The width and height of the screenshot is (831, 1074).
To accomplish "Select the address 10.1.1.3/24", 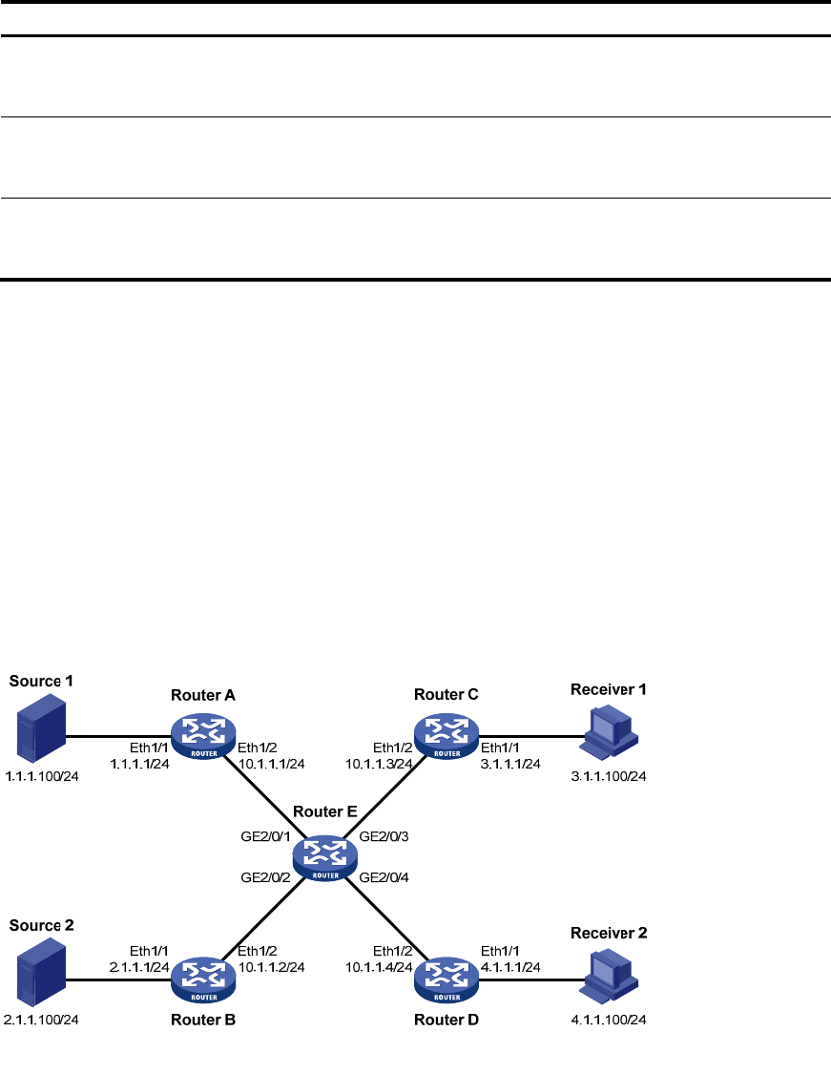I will coord(380,764).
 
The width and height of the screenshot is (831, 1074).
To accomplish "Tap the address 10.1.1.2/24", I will coord(272,968).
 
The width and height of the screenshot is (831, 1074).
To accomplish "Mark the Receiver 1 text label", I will coord(608,688).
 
